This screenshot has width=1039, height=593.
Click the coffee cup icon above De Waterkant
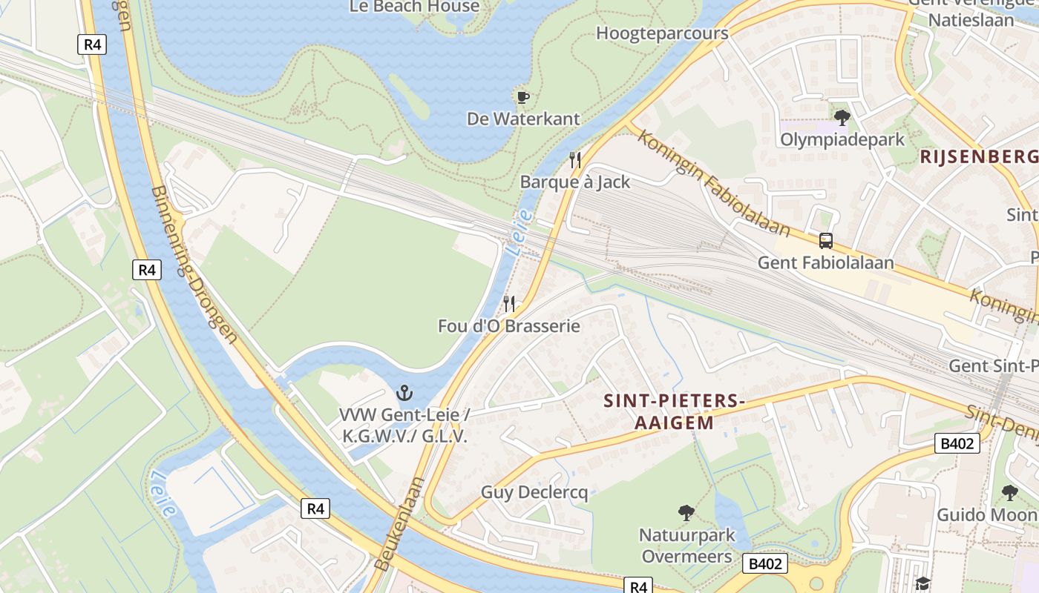(522, 97)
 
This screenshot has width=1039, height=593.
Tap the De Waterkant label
(523, 119)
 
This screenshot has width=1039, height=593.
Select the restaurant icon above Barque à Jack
(574, 160)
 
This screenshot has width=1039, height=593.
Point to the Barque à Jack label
(574, 182)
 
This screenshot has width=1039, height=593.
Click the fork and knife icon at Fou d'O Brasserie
(509, 303)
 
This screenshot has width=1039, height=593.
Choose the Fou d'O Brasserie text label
(508, 325)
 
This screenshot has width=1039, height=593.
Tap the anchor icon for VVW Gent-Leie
(404, 393)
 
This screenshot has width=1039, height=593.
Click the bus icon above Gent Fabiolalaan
(825, 240)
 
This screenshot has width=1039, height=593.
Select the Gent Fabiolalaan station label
(825, 262)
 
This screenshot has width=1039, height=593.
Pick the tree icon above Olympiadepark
(842, 117)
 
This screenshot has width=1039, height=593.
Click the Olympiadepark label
(842, 139)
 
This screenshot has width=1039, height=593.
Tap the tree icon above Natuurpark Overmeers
(686, 512)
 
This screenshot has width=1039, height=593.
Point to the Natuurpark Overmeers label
(686, 546)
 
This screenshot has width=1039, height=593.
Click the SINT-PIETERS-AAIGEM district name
(674, 411)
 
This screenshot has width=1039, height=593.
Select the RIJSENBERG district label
(979, 156)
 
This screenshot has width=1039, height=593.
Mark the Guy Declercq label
(534, 492)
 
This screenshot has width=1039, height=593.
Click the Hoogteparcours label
(662, 33)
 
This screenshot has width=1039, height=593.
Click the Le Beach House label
(415, 7)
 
